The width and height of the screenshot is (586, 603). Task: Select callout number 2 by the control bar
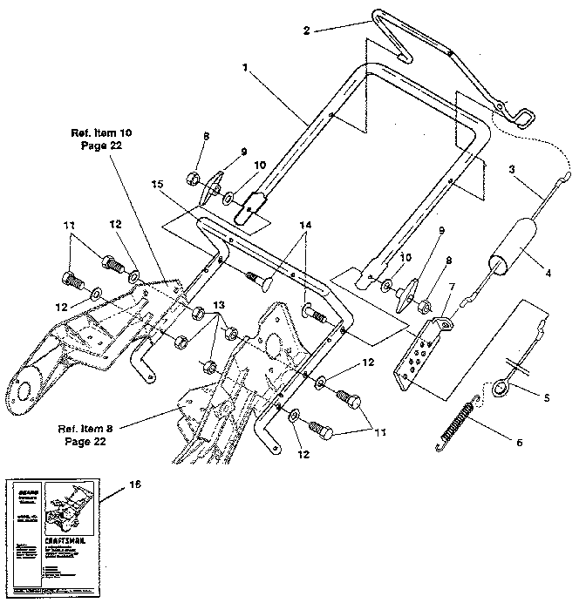click(306, 30)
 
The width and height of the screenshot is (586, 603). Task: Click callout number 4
click(548, 274)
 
